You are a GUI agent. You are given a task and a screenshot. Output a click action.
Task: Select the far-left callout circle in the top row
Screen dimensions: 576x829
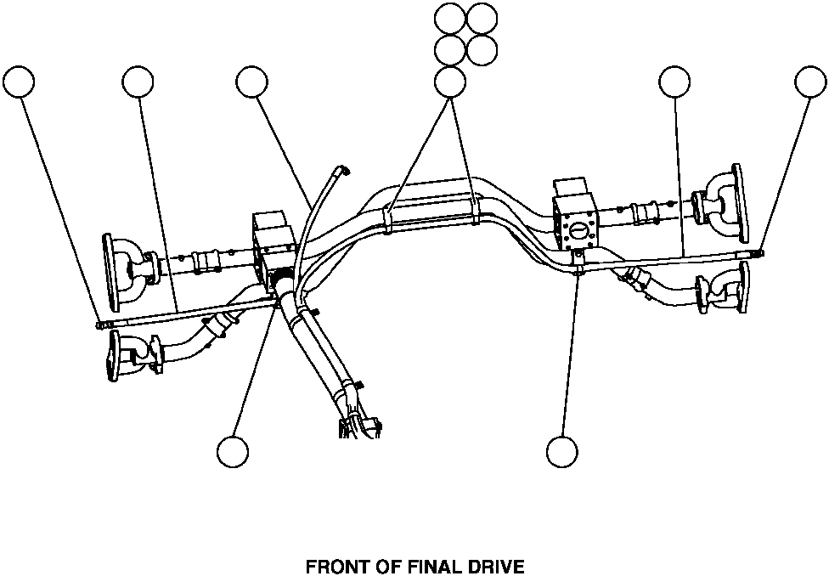coord(19,82)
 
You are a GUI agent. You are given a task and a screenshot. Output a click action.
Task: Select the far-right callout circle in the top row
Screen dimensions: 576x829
coord(810,82)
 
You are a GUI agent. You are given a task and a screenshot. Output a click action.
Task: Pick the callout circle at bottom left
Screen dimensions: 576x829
coord(232,451)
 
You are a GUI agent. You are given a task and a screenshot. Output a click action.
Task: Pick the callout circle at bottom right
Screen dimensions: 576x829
coord(561,451)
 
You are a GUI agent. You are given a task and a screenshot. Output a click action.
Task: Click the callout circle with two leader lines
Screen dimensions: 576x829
coord(449,82)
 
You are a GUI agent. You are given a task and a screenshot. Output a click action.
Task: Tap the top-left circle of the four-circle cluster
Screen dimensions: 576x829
coord(449,18)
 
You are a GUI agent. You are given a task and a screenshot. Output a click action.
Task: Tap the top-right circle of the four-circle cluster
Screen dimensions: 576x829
coord(482,18)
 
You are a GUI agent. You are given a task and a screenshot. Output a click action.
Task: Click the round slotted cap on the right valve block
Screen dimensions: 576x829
coord(577,229)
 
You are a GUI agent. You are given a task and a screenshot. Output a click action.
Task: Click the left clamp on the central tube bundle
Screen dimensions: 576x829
coord(387,218)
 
